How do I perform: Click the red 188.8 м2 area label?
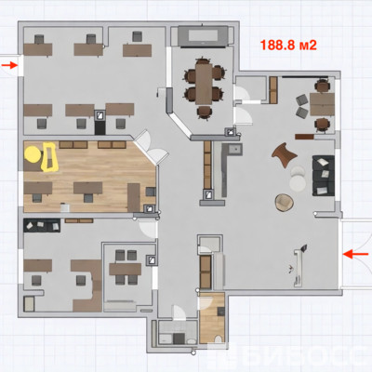coord(288,46)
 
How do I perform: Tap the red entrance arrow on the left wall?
coord(9,65)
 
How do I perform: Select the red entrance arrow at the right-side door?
coord(356,254)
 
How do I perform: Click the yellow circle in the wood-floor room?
coord(33,154)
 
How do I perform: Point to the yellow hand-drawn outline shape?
coord(49,156)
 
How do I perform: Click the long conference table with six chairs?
coord(204,84)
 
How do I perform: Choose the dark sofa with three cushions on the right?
coord(324,176)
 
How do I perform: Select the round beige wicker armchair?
coord(284,203)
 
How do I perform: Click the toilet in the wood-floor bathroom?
coord(219,339)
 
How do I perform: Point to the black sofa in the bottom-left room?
coord(42,225)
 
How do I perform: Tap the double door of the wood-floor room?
coord(151,147)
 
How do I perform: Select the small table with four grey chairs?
coord(126,269)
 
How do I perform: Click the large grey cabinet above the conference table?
coord(204,36)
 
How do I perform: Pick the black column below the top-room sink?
coord(100,127)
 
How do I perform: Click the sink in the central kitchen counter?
coord(235,150)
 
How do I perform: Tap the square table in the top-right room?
coord(322,104)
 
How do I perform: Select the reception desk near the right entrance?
coord(299,267)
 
